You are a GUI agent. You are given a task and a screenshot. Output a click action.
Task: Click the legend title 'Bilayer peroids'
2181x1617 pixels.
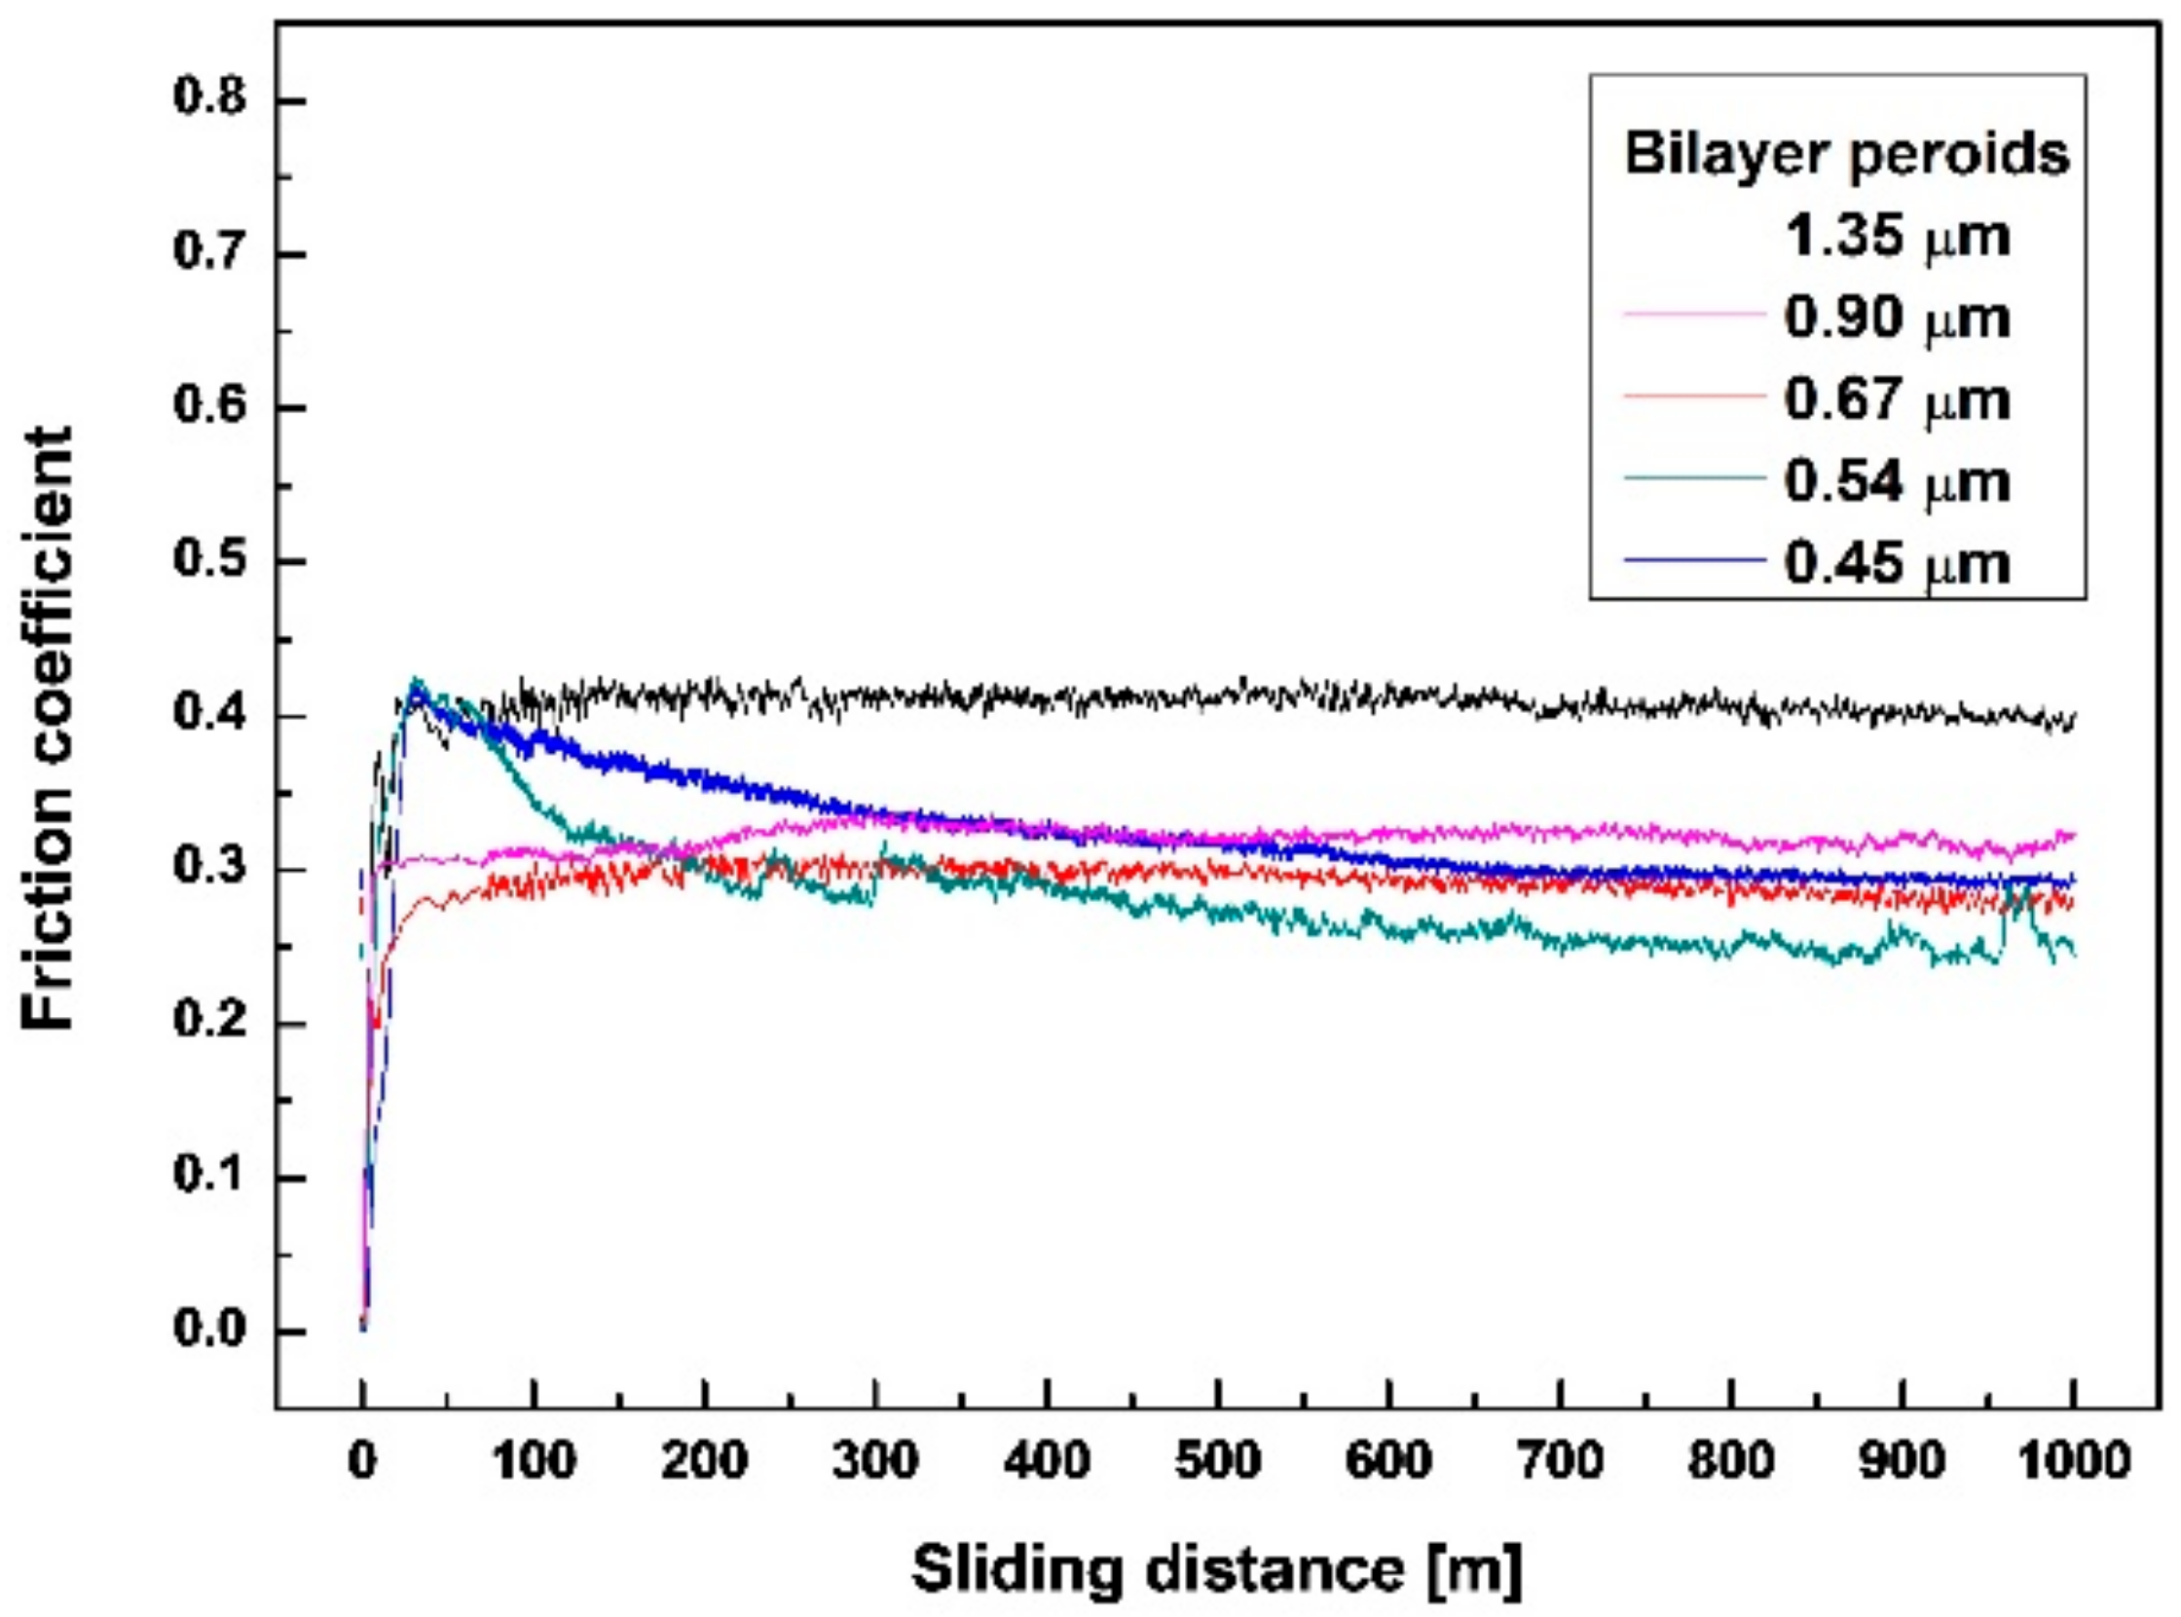1846,154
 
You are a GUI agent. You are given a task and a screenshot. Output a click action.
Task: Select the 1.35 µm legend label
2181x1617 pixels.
1897,236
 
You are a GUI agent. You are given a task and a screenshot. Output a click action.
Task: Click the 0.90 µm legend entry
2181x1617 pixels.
1897,319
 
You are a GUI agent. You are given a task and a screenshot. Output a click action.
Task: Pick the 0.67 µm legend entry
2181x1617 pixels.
1897,399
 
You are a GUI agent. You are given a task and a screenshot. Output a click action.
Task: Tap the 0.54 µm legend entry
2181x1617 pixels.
1897,481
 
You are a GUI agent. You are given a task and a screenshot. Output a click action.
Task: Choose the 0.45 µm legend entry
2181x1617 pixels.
1897,564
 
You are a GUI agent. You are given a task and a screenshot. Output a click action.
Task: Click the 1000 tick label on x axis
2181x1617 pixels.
2072,1461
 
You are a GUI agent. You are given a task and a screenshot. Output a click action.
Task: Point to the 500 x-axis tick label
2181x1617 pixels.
1217,1461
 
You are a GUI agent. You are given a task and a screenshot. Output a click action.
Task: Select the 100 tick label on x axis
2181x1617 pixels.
533,1461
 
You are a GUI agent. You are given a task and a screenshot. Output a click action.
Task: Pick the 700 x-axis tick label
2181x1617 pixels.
1560,1461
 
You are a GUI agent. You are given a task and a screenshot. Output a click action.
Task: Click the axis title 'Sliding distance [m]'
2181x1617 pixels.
1217,1570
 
